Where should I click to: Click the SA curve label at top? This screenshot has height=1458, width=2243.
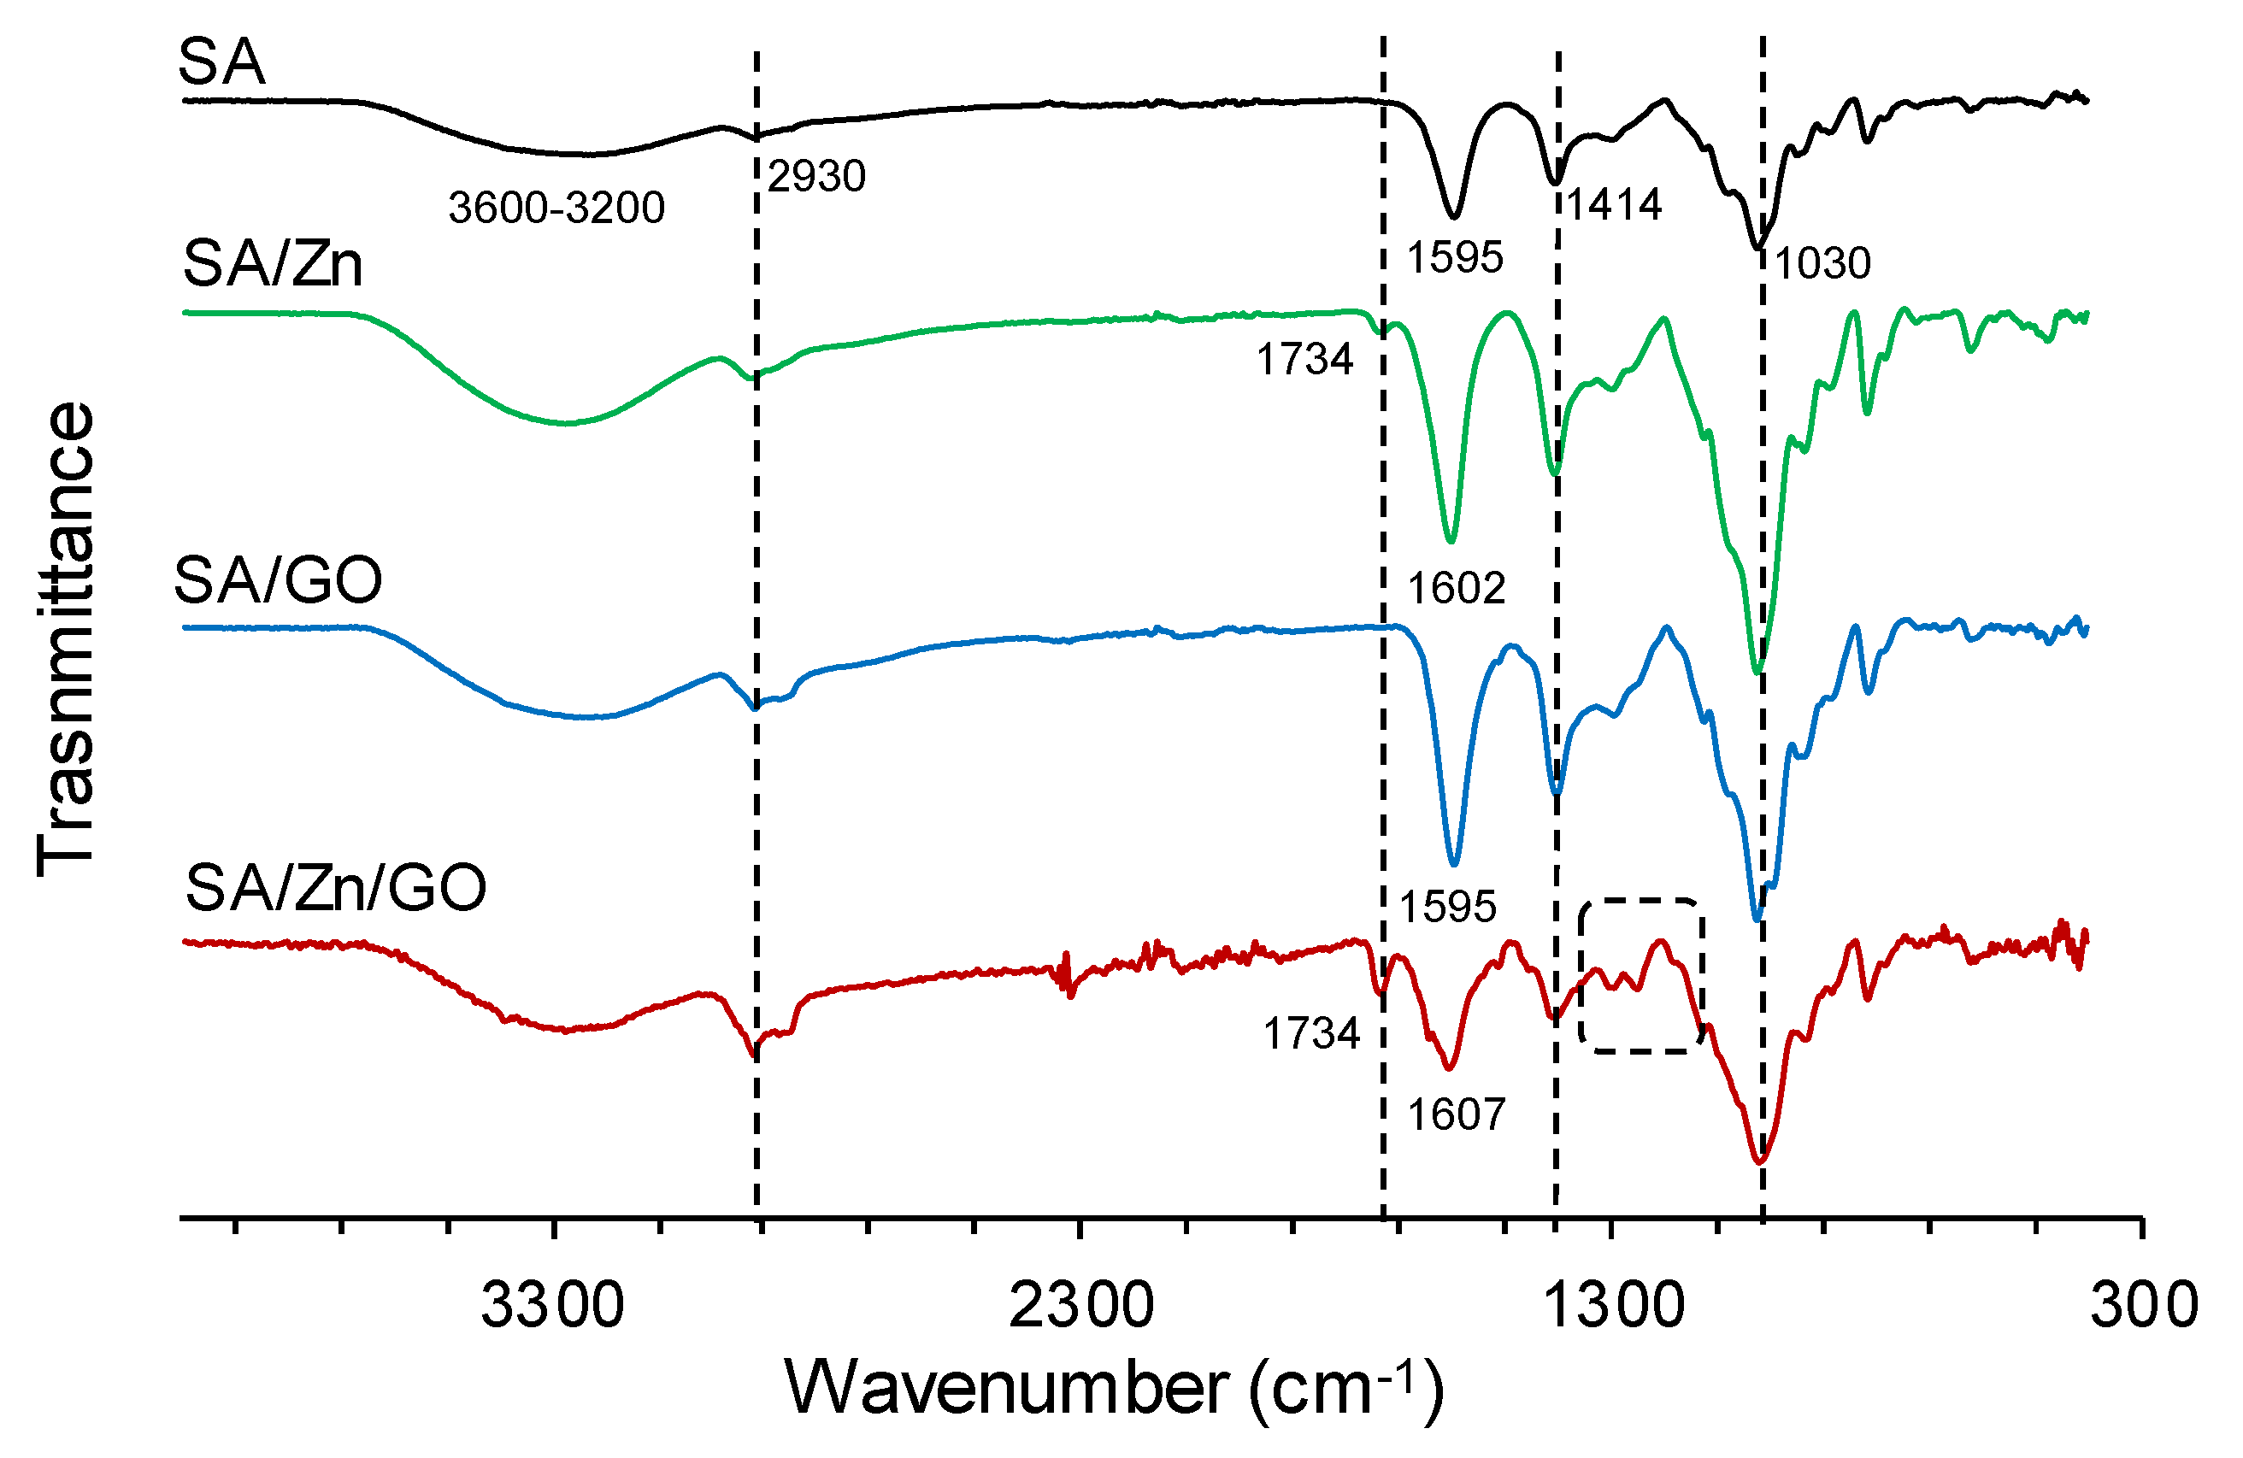[x=221, y=63]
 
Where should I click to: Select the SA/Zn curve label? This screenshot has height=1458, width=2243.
[x=273, y=264]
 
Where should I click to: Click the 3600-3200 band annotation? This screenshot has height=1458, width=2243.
[x=556, y=208]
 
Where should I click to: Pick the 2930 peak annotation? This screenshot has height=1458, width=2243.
[x=816, y=176]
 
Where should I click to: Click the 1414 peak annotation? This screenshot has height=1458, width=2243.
[x=1615, y=204]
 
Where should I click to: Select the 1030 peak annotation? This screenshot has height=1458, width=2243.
[x=1822, y=263]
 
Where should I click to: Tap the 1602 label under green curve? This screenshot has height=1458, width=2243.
[x=1456, y=589]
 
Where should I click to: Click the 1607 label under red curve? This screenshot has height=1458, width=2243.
[x=1456, y=1115]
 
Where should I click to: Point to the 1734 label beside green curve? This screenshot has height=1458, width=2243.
[x=1304, y=359]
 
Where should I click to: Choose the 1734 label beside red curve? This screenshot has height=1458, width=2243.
[x=1311, y=1034]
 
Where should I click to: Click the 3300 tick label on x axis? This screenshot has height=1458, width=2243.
[x=552, y=1306]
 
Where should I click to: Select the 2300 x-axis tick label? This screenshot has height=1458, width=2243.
[x=1081, y=1306]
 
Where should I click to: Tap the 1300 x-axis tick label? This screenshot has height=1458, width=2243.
[x=1612, y=1306]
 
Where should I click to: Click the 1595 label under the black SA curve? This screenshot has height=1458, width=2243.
[x=1454, y=257]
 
